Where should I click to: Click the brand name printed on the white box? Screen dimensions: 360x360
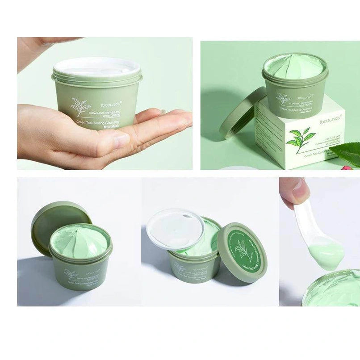coord(331,120)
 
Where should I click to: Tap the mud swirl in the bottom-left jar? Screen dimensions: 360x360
coord(80,241)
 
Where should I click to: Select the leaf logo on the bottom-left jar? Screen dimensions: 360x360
coord(71,274)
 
